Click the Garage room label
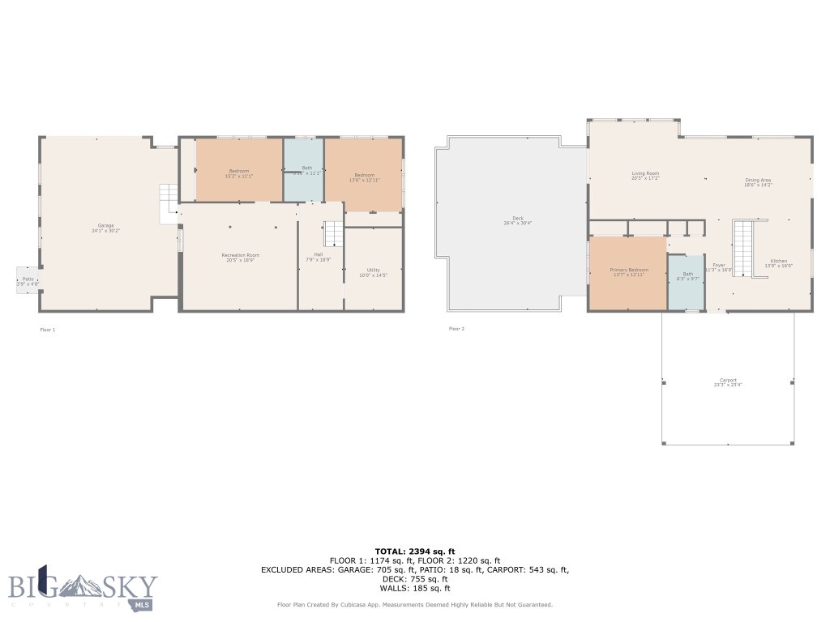tap(105, 227)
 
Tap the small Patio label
tap(27, 281)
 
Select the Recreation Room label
tap(241, 258)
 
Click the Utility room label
tap(373, 272)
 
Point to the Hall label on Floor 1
tap(319, 257)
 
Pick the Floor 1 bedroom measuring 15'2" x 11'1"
tap(239, 173)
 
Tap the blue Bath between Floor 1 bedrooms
tap(303, 170)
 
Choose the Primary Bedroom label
tap(629, 271)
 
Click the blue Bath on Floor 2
tap(687, 276)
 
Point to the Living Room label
tap(646, 175)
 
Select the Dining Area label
tap(758, 182)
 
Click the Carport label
tap(727, 382)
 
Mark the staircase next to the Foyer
tap(744, 248)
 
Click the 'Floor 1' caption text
tap(48, 330)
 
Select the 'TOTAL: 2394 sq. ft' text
tap(415, 551)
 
